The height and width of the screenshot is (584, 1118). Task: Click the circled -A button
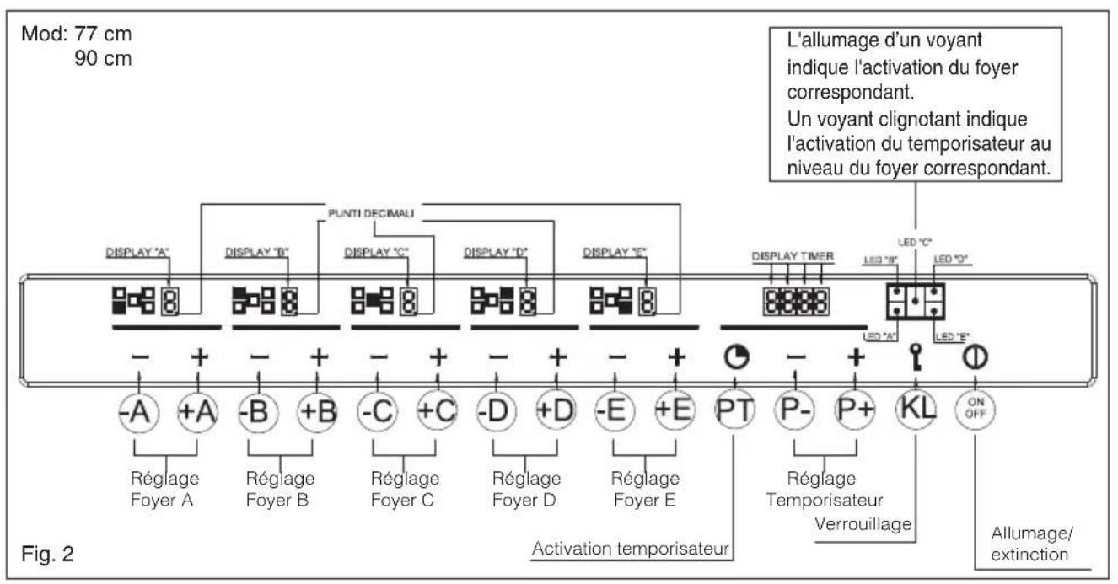139,411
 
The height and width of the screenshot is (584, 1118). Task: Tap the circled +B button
319,411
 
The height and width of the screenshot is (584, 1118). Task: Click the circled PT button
735,411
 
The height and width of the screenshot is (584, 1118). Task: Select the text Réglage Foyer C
405,489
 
